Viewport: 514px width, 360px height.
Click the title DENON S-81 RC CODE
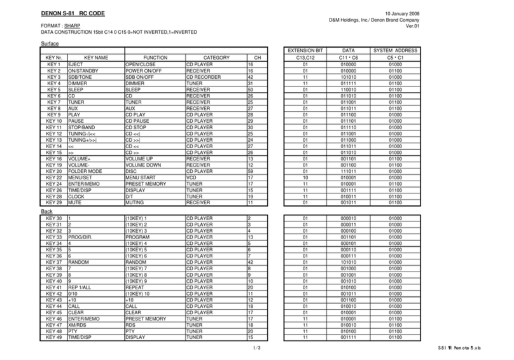[x=73, y=13]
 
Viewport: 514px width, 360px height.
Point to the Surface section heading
[x=50, y=43]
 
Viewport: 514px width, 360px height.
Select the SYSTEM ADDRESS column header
[x=394, y=50]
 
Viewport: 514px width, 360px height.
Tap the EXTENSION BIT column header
[x=305, y=50]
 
